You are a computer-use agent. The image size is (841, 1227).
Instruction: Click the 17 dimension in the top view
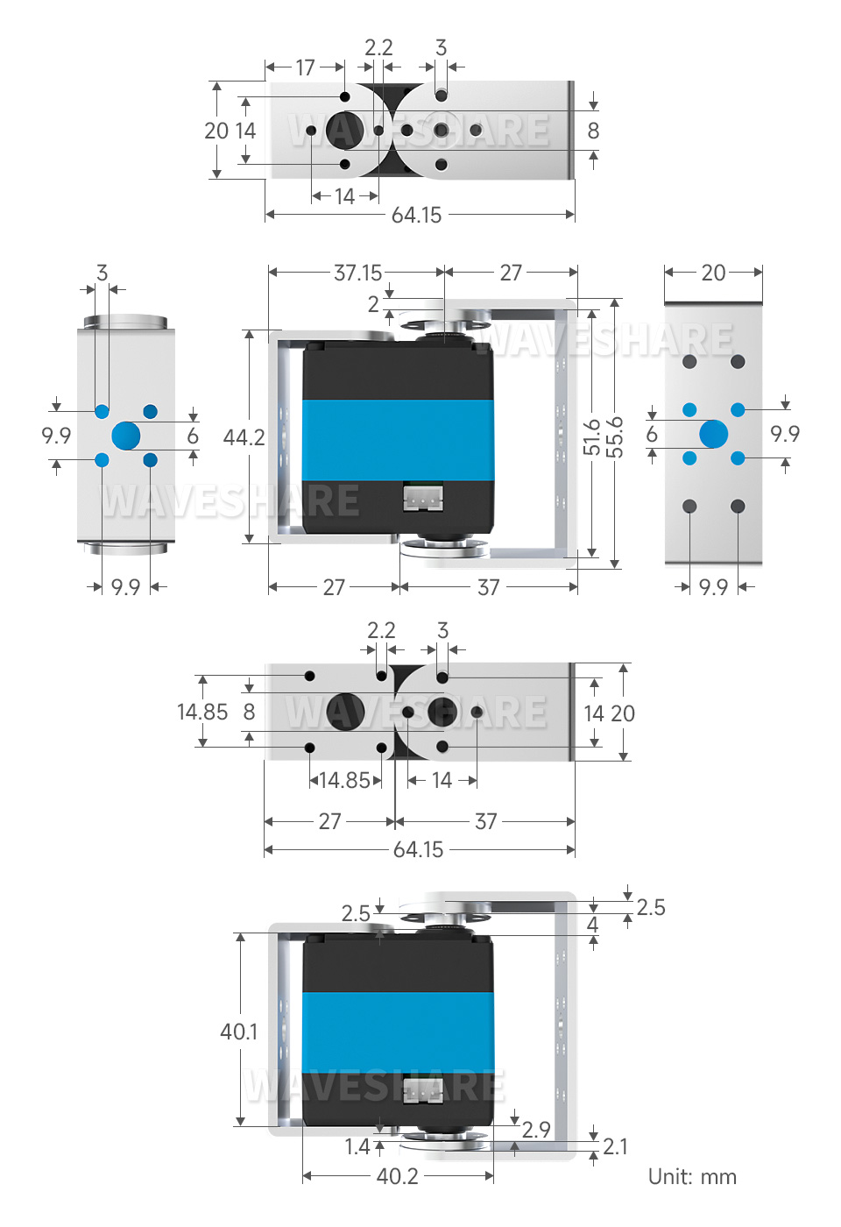pyautogui.click(x=305, y=67)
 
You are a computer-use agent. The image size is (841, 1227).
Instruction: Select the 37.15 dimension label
pyautogui.click(x=357, y=273)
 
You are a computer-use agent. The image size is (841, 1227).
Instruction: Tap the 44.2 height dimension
pyautogui.click(x=244, y=436)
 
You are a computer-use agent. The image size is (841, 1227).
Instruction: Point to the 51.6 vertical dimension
pyautogui.click(x=592, y=436)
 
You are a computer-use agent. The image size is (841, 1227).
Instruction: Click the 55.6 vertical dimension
pyautogui.click(x=615, y=436)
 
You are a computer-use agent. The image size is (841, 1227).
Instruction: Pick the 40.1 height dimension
pyautogui.click(x=239, y=1031)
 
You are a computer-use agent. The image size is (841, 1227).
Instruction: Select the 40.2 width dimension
pyautogui.click(x=397, y=1176)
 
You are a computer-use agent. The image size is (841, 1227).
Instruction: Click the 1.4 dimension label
pyautogui.click(x=357, y=1146)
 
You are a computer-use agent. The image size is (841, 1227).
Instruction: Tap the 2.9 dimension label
pyautogui.click(x=536, y=1130)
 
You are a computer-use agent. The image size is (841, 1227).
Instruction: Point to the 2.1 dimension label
pyautogui.click(x=615, y=1146)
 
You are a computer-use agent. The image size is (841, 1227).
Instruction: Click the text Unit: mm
pyautogui.click(x=692, y=1176)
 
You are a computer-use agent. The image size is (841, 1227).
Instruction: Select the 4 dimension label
pyautogui.click(x=592, y=925)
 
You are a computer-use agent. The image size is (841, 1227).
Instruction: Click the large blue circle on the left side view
pyautogui.click(x=126, y=436)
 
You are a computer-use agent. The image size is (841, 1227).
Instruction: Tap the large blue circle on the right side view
pyautogui.click(x=713, y=434)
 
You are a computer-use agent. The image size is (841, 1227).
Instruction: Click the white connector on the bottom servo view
pyautogui.click(x=422, y=1091)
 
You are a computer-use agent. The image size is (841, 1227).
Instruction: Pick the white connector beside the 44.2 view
pyautogui.click(x=423, y=498)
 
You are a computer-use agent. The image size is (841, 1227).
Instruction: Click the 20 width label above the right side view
pyautogui.click(x=713, y=273)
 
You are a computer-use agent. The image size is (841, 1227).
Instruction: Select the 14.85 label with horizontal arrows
pyautogui.click(x=345, y=780)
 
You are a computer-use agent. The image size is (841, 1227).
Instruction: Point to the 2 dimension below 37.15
pyautogui.click(x=374, y=304)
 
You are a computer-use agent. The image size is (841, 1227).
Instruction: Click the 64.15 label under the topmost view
pyautogui.click(x=416, y=215)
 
